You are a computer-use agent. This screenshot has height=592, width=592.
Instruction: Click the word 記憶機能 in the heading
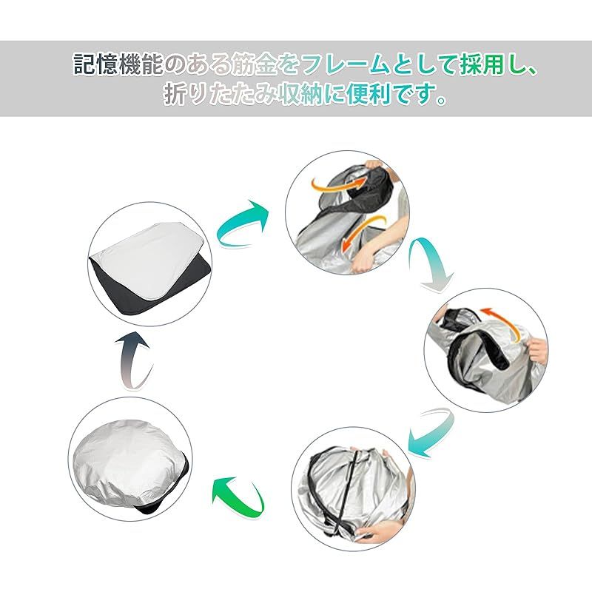[118, 64]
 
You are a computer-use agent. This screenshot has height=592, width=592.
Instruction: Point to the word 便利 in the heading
[369, 94]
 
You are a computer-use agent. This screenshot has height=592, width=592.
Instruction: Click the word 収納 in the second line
[300, 94]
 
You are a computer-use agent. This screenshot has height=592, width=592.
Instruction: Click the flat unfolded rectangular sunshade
[150, 266]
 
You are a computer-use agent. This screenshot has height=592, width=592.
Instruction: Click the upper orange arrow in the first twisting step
[339, 184]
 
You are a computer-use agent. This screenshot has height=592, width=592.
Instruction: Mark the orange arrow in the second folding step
[502, 322]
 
